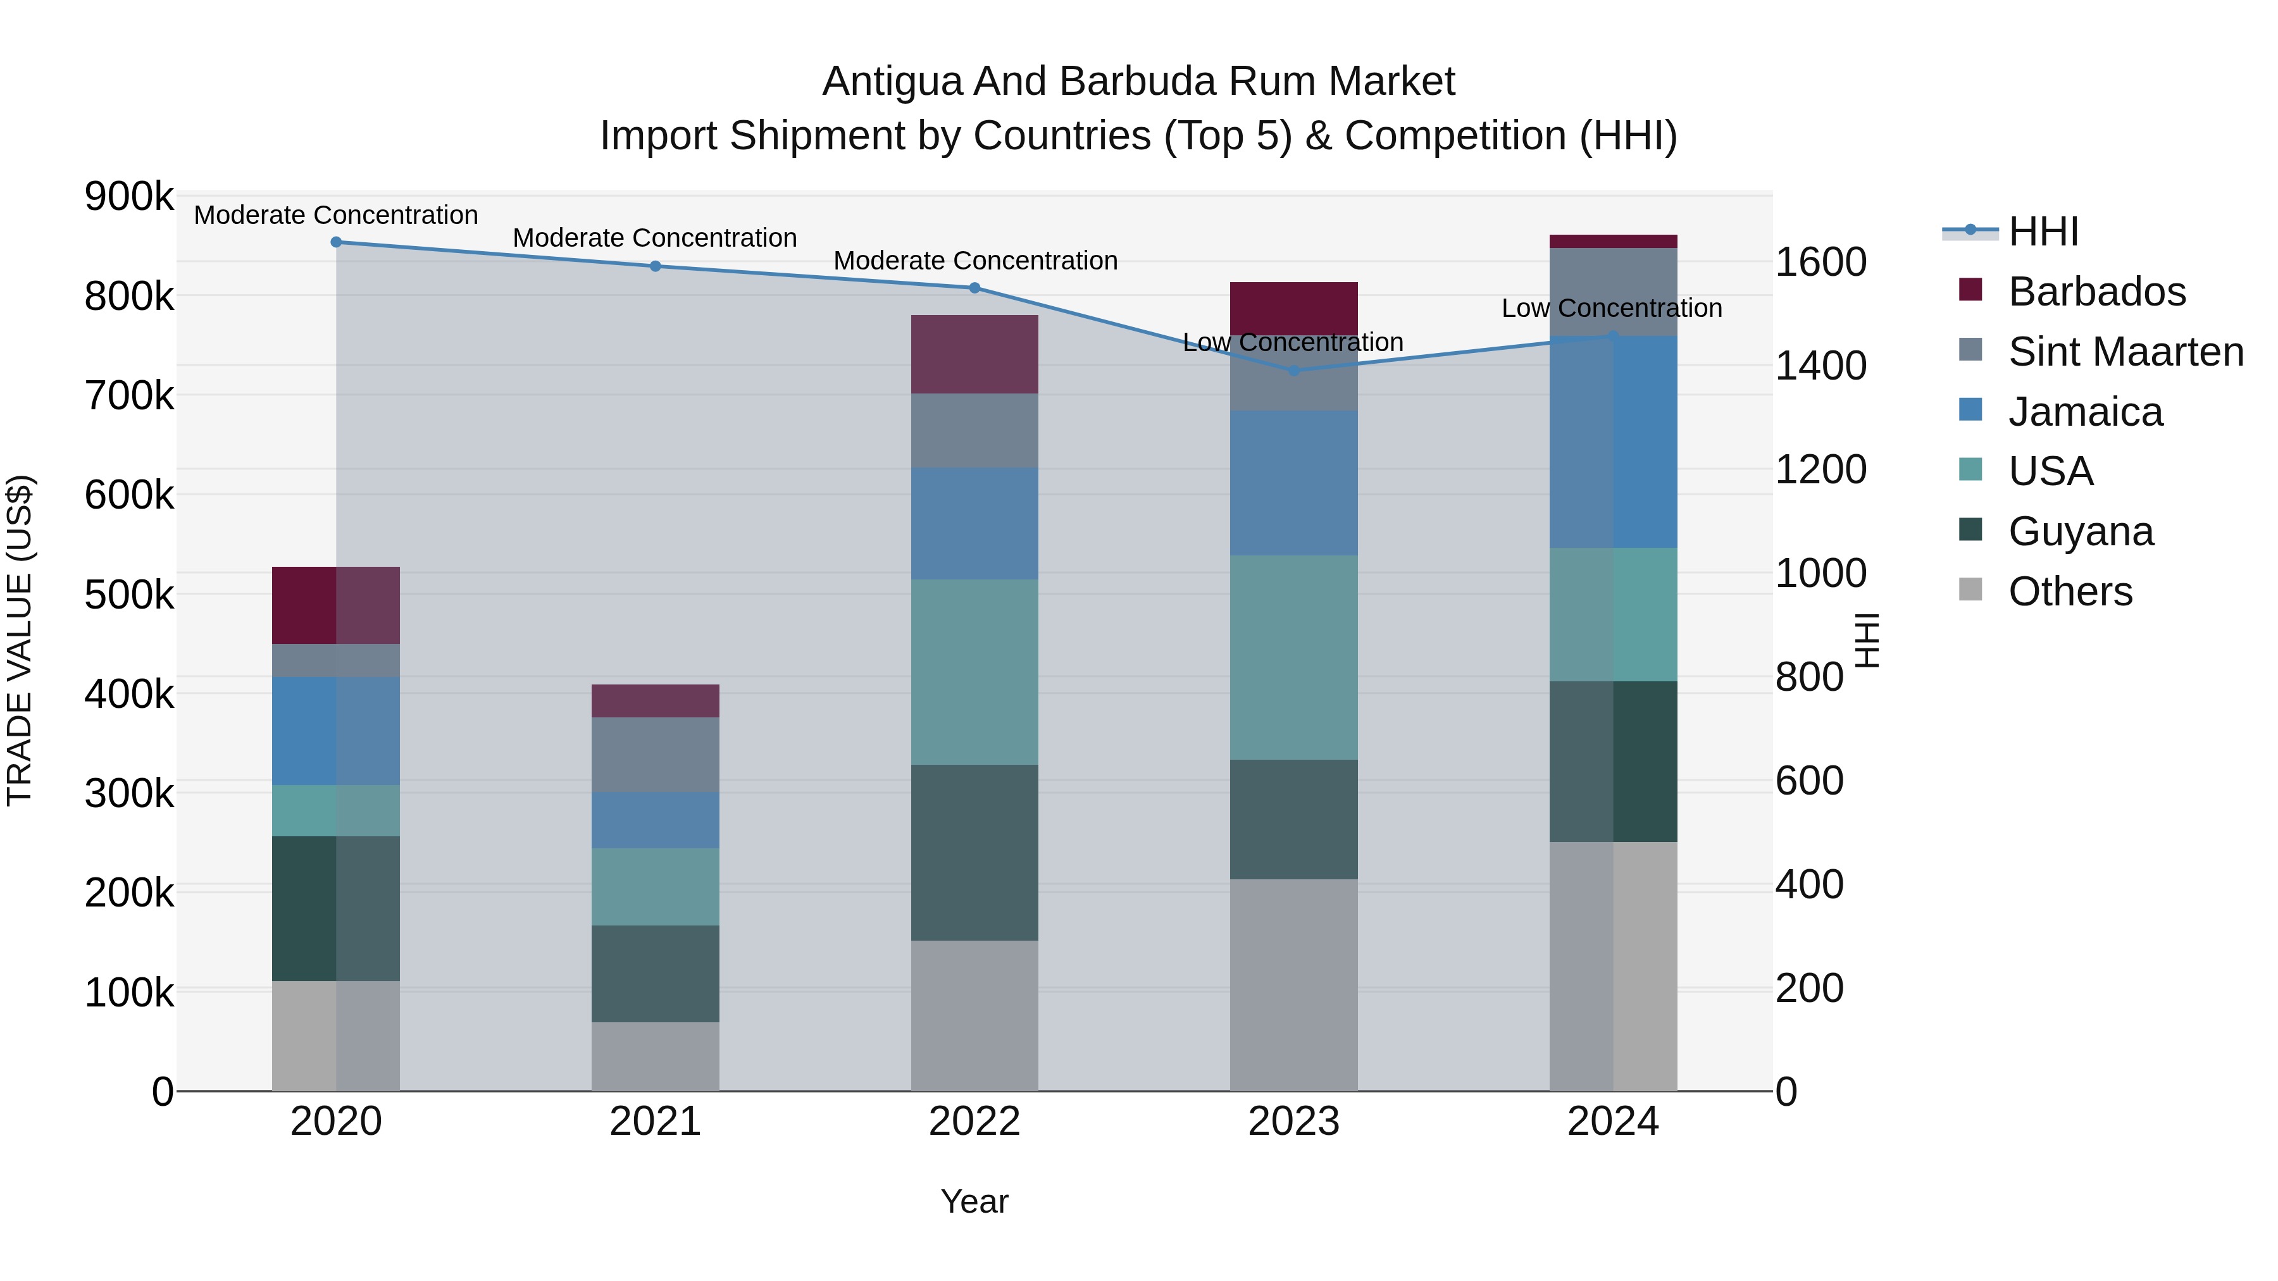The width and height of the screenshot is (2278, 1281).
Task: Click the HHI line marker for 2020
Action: point(336,242)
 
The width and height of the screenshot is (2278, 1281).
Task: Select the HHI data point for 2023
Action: point(1294,371)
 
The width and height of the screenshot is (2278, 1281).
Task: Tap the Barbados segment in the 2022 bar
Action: point(974,354)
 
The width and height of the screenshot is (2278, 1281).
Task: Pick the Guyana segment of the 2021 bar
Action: point(656,974)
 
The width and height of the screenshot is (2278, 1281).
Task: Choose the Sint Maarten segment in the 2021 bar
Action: point(656,754)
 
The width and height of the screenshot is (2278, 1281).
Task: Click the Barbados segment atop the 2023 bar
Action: point(1294,307)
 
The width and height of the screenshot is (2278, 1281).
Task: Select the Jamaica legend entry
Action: point(2084,412)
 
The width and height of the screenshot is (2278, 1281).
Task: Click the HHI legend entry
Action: point(2043,232)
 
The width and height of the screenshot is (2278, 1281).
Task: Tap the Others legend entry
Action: point(2069,591)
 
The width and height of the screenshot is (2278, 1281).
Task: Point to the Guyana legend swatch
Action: point(1970,529)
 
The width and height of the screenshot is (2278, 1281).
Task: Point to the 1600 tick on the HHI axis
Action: point(1821,263)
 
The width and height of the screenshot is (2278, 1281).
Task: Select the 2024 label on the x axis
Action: point(1613,1122)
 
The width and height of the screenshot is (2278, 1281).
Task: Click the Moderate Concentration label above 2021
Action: point(656,238)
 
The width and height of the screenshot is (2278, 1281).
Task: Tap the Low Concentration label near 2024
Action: point(1611,309)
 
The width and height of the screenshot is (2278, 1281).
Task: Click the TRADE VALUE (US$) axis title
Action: point(20,640)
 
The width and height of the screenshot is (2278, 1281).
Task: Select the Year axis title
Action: point(974,1201)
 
